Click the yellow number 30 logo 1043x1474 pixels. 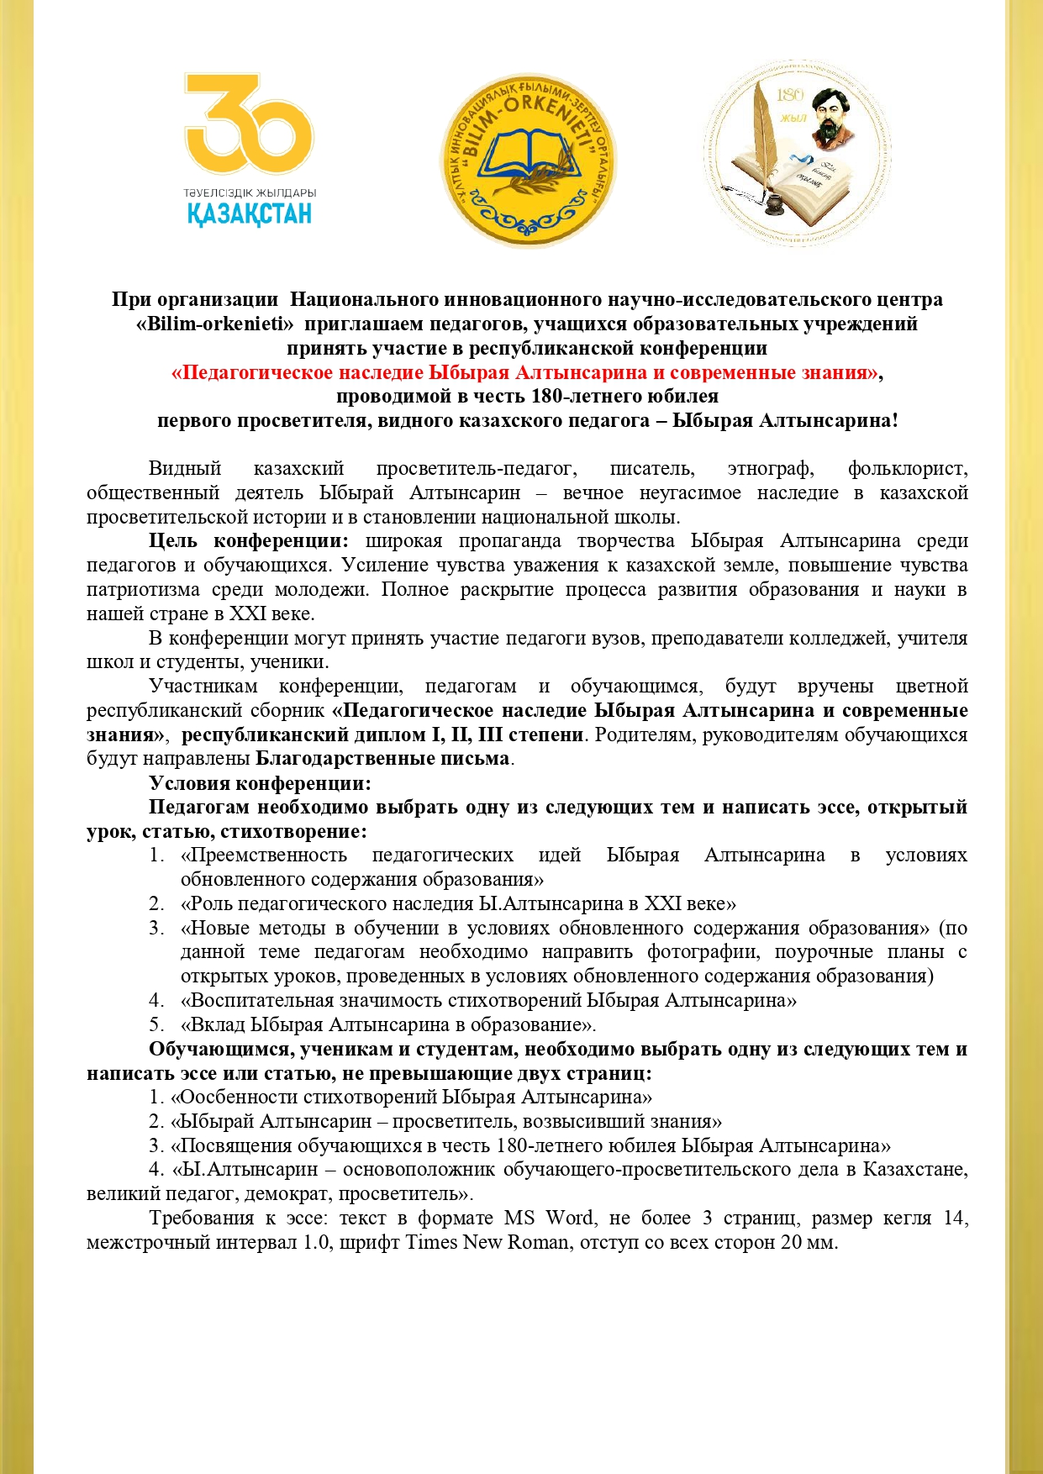[249, 126]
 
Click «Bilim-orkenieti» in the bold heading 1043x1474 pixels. [214, 324]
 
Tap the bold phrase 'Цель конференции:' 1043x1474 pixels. [249, 540]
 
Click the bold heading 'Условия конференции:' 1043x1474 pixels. [260, 783]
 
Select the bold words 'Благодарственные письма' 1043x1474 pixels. [382, 758]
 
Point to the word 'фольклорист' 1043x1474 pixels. [908, 468]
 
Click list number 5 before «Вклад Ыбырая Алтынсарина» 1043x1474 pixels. [156, 1024]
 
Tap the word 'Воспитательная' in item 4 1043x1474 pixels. [253, 1000]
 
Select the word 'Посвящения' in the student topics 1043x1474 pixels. [226, 1145]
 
